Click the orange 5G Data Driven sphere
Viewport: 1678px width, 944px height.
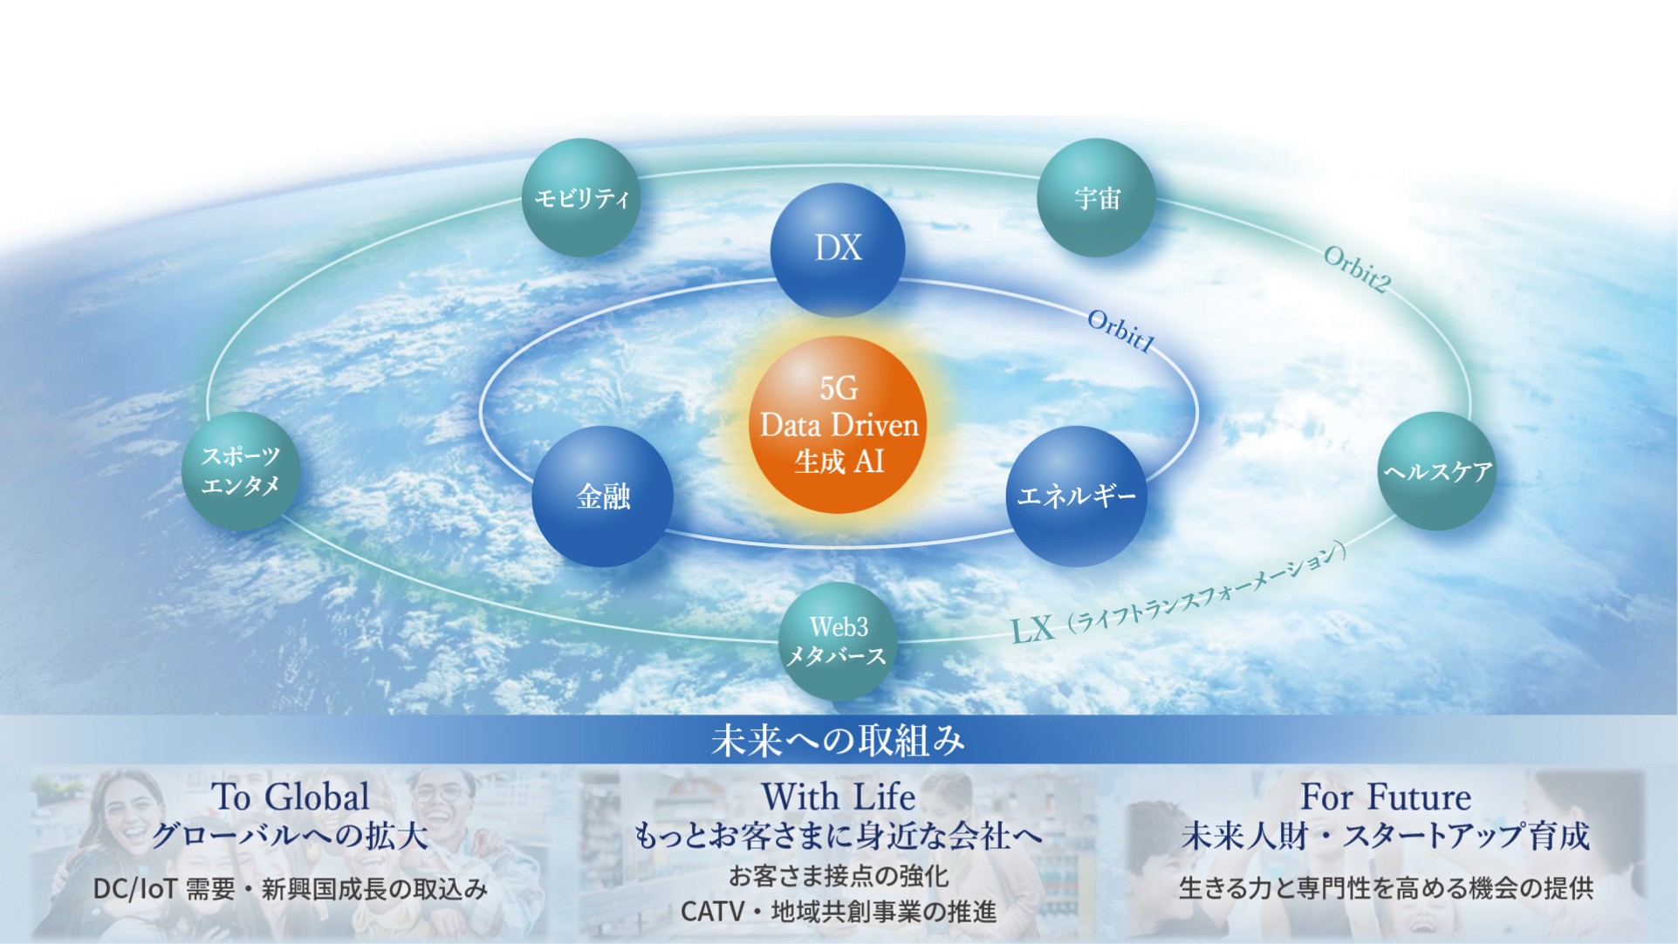coord(838,425)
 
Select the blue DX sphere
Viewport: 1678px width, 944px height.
coord(838,250)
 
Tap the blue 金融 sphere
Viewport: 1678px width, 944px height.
coord(602,496)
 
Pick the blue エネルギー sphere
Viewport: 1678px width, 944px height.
coord(1077,496)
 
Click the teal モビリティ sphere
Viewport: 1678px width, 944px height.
coord(581,198)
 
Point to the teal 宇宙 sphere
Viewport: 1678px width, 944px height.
coord(1097,198)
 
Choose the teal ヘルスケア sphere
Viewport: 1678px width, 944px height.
coord(1437,471)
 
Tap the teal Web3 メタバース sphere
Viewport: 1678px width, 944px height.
coord(838,641)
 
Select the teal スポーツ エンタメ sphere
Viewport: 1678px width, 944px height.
coord(241,471)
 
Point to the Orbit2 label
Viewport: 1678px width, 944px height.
coord(1357,269)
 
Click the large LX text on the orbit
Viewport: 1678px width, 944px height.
coord(1033,629)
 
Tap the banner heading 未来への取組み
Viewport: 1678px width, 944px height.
coord(838,741)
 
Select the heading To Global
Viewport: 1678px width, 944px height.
coord(291,797)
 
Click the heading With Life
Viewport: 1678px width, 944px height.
coord(838,797)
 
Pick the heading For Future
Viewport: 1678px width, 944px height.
coord(1386,797)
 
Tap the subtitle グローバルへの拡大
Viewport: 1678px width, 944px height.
coord(291,836)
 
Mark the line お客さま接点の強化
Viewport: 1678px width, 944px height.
coord(839,875)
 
